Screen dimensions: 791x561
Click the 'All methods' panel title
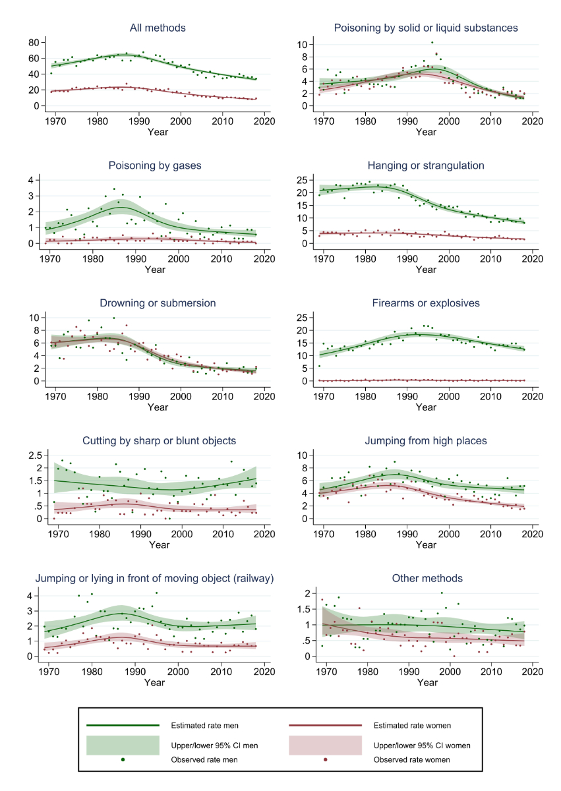click(x=158, y=28)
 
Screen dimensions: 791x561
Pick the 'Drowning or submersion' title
click(x=158, y=303)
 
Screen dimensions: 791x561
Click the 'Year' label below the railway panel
click(x=155, y=682)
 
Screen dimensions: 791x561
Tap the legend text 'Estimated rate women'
click(x=412, y=726)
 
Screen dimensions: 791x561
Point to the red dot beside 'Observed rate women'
click(x=326, y=760)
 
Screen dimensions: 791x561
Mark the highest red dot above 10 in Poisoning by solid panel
click(x=432, y=43)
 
